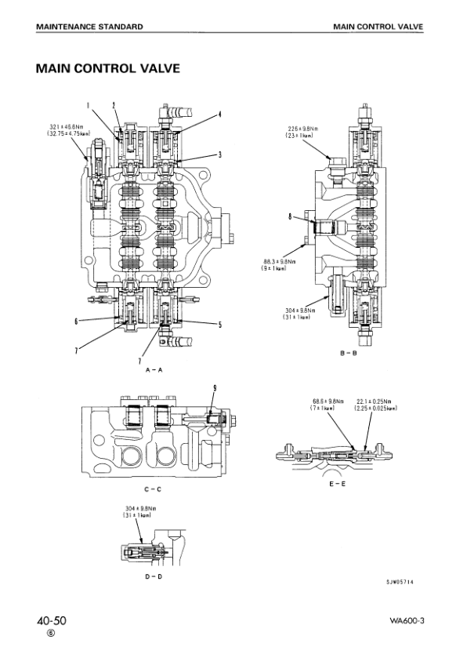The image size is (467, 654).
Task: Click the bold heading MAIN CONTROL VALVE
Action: coord(108,69)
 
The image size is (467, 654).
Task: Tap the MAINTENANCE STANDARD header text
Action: coord(89,27)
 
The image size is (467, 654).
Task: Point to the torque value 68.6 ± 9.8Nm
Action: coord(328,401)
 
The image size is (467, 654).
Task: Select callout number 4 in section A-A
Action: coord(221,114)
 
